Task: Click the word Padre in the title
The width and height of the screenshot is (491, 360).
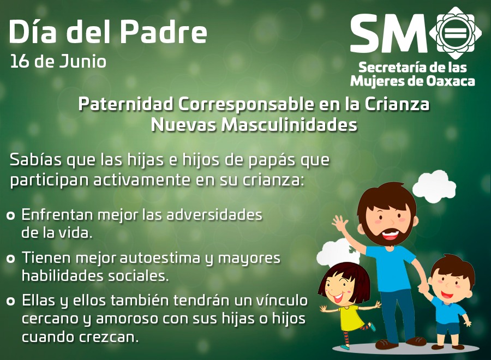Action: tap(164, 32)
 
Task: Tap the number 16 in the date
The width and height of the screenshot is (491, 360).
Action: tap(20, 61)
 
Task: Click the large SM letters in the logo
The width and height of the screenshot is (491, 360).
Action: tap(388, 33)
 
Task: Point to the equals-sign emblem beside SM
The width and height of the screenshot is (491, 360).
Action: tap(456, 33)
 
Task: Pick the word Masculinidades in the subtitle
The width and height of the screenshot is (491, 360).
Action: tap(289, 124)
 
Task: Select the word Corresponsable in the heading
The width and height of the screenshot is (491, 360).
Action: tap(246, 104)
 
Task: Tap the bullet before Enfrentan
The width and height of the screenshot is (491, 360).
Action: tap(11, 215)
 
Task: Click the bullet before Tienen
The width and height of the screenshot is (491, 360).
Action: tap(11, 259)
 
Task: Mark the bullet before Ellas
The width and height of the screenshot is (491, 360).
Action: tap(11, 301)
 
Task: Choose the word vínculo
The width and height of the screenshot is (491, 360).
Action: tap(282, 300)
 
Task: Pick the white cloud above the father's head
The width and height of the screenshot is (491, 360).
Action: tap(434, 186)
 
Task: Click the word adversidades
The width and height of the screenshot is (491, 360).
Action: tap(214, 215)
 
